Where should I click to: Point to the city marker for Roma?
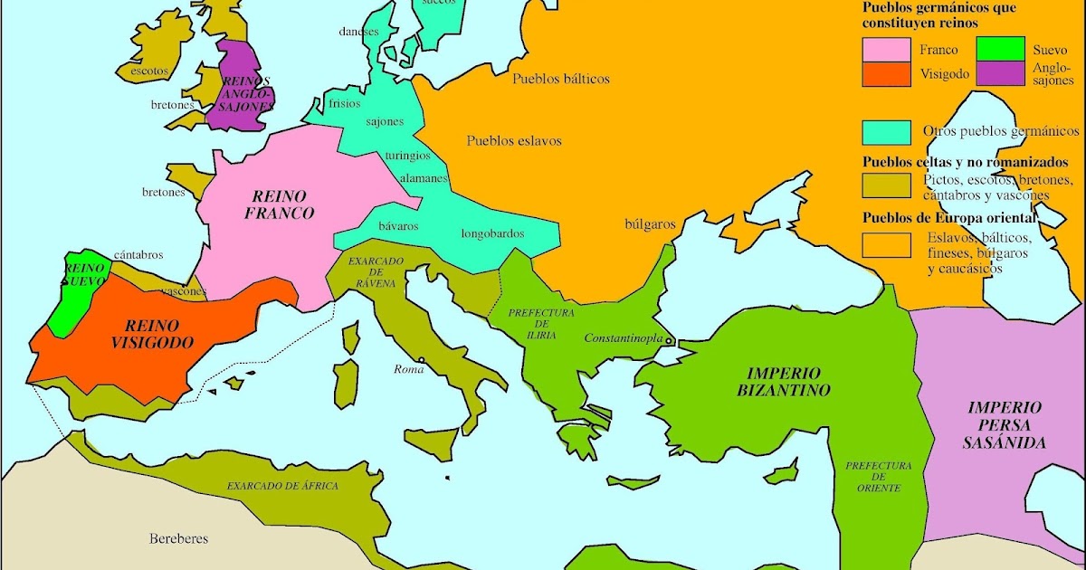(422, 359)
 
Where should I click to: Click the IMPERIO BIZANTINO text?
(784, 381)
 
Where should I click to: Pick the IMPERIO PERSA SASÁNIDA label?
(1005, 425)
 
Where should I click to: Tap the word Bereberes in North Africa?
(178, 538)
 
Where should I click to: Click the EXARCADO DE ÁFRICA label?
(282, 486)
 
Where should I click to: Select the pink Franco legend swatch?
(887, 50)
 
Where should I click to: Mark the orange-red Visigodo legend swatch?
(887, 74)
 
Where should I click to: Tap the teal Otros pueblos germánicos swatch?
(887, 132)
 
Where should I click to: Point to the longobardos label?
(492, 233)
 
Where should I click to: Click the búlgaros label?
(650, 223)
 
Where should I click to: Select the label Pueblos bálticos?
(561, 79)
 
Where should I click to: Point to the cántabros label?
(138, 255)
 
